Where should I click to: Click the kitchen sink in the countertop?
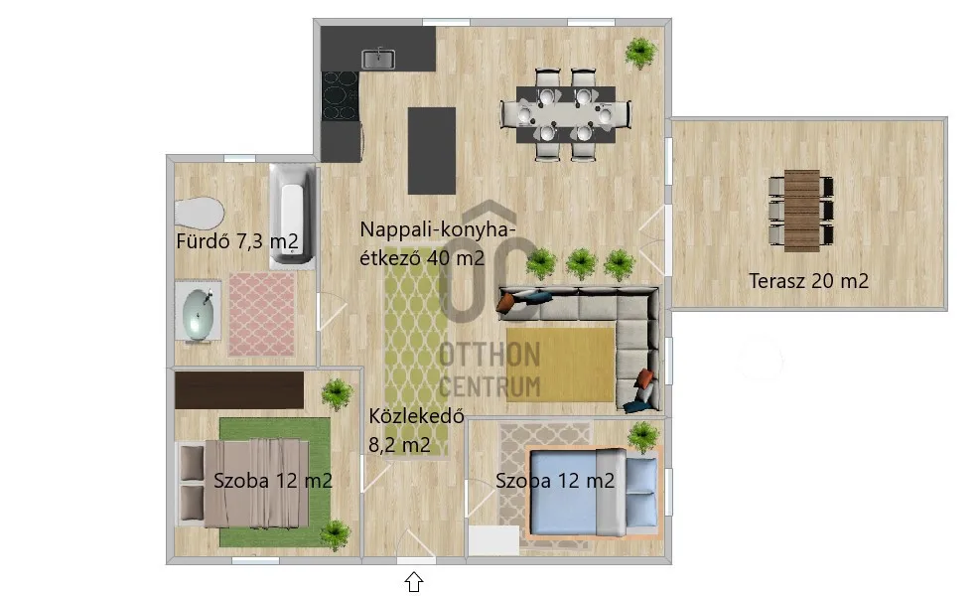(x=378, y=60)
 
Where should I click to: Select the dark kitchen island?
(x=432, y=150)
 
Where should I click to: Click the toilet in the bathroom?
(x=199, y=213)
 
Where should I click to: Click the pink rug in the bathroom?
(x=261, y=314)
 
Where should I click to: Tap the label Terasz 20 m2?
(x=808, y=281)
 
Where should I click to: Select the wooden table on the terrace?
(x=801, y=209)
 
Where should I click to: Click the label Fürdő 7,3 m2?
(x=236, y=241)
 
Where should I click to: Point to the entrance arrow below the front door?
(x=413, y=581)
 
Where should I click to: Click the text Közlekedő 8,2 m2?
(x=416, y=431)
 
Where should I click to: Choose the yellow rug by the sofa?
(x=561, y=364)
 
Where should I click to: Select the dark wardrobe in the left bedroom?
(x=238, y=389)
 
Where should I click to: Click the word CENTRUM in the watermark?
(x=489, y=386)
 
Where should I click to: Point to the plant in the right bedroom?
(x=643, y=435)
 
